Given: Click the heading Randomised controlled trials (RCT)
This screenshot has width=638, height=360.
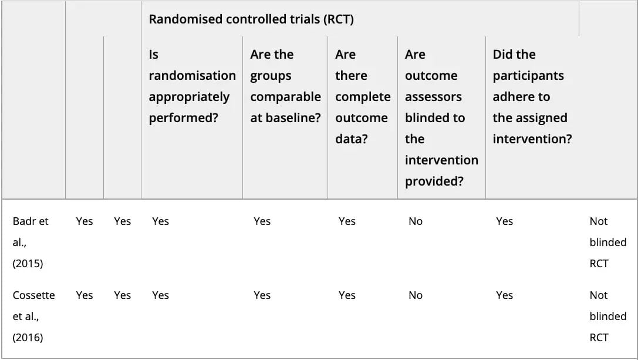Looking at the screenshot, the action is point(251,19).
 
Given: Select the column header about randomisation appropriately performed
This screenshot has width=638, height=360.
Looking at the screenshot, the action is point(192,86).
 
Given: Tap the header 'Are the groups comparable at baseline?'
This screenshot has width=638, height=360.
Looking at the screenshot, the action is point(285,86).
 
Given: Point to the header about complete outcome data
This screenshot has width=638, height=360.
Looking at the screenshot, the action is point(363,96).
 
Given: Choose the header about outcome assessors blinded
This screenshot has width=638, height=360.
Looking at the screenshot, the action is point(441,117).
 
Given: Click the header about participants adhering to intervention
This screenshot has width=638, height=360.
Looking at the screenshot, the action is point(532,96).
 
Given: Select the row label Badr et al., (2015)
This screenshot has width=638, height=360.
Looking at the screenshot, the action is point(31,243).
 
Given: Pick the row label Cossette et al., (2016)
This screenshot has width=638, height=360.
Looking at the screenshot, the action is point(34,317).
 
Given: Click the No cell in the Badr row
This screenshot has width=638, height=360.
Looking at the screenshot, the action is point(416,221).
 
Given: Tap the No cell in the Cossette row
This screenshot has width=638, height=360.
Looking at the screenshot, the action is point(416,295).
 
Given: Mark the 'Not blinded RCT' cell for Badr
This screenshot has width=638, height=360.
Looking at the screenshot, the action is point(608,243).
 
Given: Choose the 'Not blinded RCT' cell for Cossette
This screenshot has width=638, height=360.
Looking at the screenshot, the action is point(608,317).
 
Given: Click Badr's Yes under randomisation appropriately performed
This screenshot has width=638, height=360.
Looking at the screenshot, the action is point(160,221).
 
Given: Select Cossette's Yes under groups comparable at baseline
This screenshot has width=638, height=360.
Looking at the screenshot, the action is point(262,295).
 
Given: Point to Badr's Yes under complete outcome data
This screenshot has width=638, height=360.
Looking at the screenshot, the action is point(347,221).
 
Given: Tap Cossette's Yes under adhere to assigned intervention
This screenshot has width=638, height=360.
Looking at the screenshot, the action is point(504,295).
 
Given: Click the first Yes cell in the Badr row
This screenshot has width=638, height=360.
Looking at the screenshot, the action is point(85,221).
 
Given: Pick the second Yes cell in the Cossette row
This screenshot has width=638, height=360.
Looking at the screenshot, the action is point(122,295).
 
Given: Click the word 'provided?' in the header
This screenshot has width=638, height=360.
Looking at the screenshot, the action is point(434,181).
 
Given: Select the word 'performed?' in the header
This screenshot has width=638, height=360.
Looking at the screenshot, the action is point(184,118).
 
